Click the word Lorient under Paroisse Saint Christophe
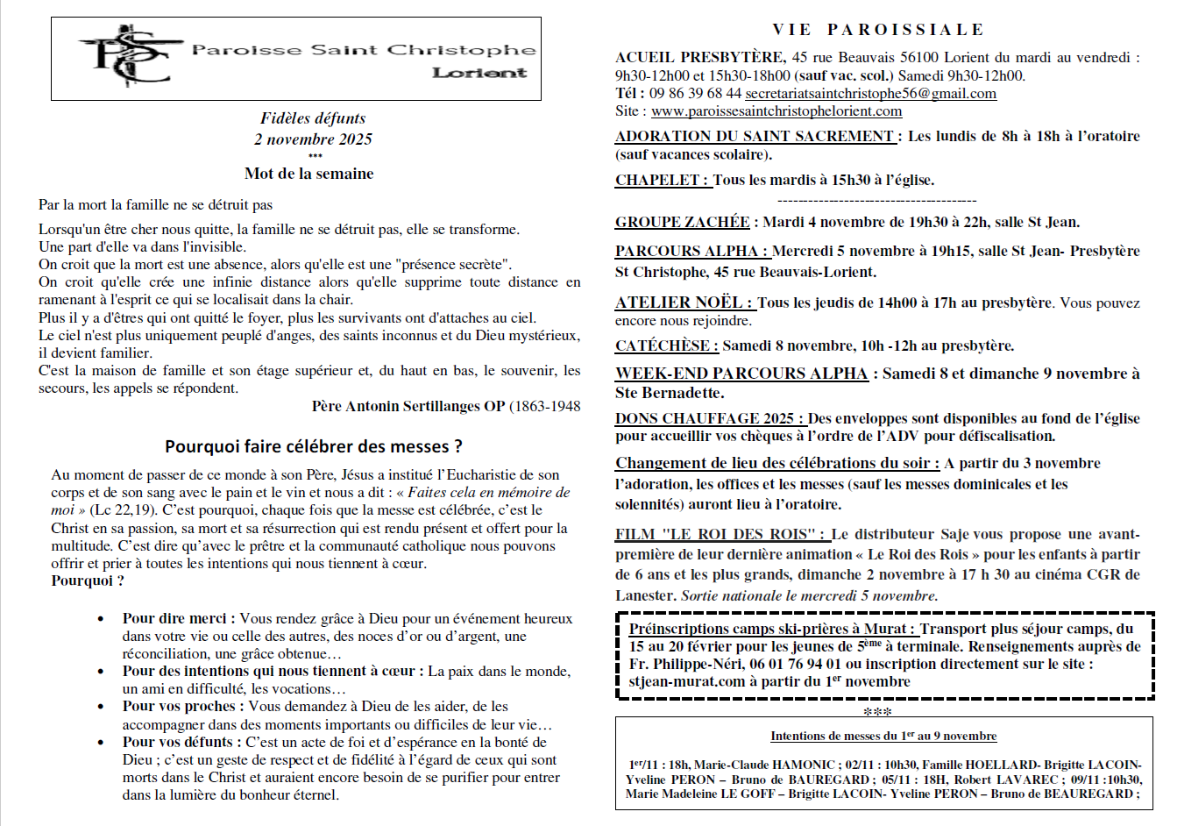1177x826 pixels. pyautogui.click(x=479, y=74)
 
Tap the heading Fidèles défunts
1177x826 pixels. pyautogui.click(x=313, y=118)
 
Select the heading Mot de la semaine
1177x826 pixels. pyautogui.click(x=308, y=174)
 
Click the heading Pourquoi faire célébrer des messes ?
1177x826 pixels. pyautogui.click(x=314, y=447)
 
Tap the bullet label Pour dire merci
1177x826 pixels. pyautogui.click(x=178, y=619)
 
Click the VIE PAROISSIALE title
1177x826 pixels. pyautogui.click(x=878, y=30)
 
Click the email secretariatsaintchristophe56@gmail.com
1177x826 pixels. pyautogui.click(x=870, y=94)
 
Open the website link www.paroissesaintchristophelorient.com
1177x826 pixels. pyautogui.click(x=776, y=111)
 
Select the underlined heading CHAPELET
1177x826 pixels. pyautogui.click(x=662, y=181)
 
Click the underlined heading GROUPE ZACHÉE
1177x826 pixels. pyautogui.click(x=683, y=223)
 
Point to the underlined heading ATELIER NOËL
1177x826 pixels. pyautogui.click(x=683, y=303)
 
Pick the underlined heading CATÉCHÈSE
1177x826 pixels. pyautogui.click(x=666, y=346)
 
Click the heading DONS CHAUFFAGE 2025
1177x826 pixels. pyautogui.click(x=709, y=419)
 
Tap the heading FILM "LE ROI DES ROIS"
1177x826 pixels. pyautogui.click(x=719, y=534)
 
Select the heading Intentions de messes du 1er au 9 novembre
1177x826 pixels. pyautogui.click(x=883, y=737)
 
